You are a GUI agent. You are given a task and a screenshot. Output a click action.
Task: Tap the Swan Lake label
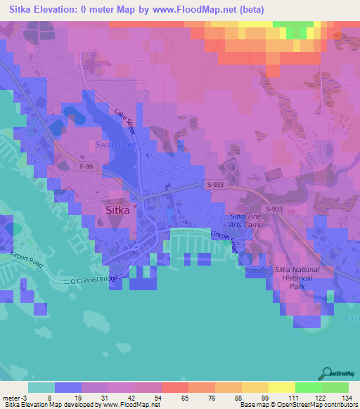tap(114, 145)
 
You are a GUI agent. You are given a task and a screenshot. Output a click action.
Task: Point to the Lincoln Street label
tap(226, 242)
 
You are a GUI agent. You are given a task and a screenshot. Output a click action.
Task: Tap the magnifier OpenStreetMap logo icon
tap(327, 373)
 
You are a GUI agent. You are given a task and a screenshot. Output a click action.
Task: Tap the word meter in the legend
tap(10, 397)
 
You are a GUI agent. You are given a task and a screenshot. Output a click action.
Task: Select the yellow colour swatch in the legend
tap(282, 387)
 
